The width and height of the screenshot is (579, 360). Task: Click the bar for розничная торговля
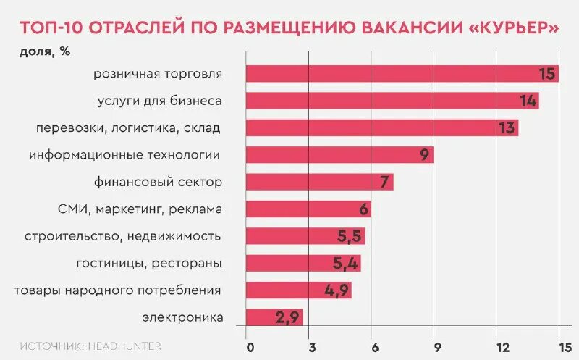coord(402,73)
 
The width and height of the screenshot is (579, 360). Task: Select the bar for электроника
coord(274,317)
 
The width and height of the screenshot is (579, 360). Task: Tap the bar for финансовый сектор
coord(319,182)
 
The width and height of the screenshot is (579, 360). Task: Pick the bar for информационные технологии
coord(339,154)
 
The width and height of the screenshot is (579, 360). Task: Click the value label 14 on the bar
coord(528,101)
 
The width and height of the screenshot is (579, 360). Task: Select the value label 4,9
coord(337,290)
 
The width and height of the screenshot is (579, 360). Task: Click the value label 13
coord(507,128)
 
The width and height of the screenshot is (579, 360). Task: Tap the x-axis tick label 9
coord(435,346)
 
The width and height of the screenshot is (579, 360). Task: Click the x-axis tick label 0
coord(250,346)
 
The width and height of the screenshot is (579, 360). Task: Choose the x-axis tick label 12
coord(497,346)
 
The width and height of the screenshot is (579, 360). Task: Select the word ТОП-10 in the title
coord(50,28)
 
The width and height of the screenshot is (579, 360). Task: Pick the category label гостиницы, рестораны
coord(148,263)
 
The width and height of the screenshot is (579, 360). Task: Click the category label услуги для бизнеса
coord(159,101)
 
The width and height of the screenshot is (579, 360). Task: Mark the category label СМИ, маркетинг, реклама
coord(139,209)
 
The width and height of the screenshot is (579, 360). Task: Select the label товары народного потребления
coord(117,290)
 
